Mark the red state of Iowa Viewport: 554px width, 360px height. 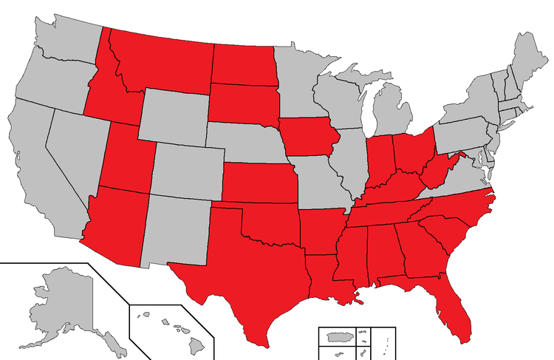coord(306,137)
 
